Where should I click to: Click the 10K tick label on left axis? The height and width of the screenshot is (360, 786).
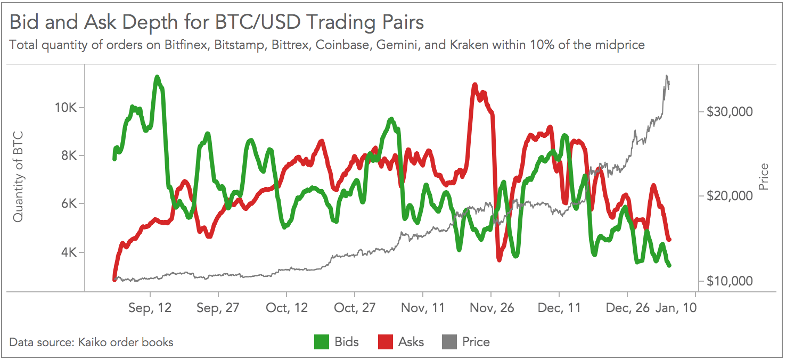66,108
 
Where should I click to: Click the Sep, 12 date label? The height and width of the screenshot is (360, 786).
150,308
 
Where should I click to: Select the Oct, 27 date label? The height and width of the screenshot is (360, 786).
355,308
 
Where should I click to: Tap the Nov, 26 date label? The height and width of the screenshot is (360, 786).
491,308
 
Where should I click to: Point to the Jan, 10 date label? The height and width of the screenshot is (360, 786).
675,308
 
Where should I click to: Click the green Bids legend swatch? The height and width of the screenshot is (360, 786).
322,342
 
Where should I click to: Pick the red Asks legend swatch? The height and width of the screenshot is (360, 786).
385,342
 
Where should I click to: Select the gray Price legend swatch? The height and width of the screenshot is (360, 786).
449,342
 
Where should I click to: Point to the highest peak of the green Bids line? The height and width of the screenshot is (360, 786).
157,78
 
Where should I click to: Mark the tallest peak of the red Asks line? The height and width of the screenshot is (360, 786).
474,85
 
